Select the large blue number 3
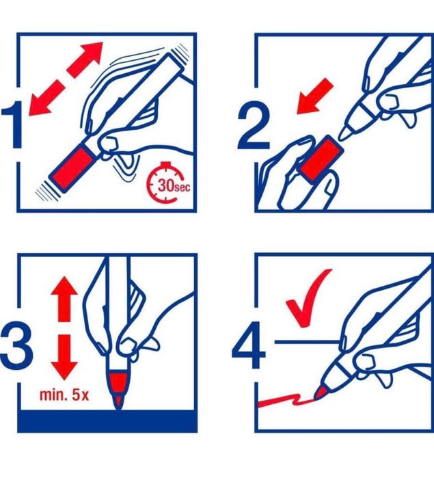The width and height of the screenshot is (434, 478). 16,347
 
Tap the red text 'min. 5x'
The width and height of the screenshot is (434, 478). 64,395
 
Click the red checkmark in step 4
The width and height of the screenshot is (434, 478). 307,298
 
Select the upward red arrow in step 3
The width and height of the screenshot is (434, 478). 64,298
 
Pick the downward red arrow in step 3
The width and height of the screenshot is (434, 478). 64,357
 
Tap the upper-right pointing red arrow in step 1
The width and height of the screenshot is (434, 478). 85,59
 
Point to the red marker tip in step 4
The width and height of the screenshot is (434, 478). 320,393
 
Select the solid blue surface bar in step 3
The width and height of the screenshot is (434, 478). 107,421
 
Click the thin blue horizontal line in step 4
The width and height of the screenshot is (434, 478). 307,342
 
